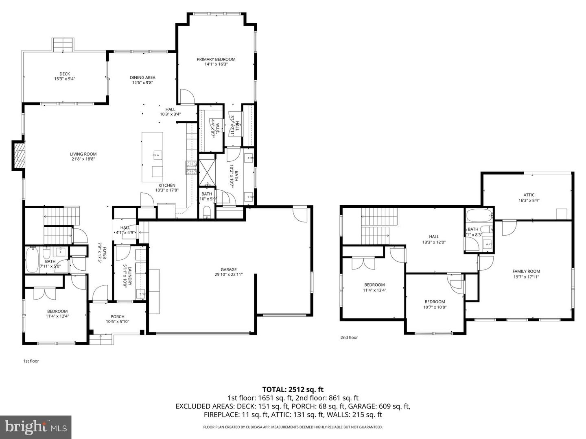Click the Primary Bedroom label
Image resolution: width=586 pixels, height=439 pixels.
(x=216, y=59)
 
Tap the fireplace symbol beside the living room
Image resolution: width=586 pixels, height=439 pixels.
(x=19, y=155)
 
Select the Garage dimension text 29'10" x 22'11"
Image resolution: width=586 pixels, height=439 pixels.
(x=229, y=274)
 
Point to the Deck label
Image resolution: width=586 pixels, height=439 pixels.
(x=65, y=74)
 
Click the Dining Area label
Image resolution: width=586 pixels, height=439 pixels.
(x=142, y=78)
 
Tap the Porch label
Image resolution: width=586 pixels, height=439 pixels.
(x=118, y=317)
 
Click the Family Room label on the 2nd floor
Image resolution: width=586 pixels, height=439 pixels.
(x=526, y=271)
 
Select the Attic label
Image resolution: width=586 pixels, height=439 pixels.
(x=529, y=195)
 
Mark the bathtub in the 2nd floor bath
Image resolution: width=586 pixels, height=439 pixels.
(x=479, y=215)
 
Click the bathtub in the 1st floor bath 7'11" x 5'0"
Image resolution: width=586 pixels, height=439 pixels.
(x=31, y=261)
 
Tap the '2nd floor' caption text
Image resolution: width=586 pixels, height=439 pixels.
(x=349, y=337)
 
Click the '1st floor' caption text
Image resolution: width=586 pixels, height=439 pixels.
(x=31, y=361)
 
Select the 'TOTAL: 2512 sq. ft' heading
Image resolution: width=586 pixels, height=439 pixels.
(x=293, y=390)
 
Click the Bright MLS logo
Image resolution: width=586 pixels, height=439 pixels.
(x=36, y=427)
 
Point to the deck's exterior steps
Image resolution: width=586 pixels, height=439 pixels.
(x=63, y=44)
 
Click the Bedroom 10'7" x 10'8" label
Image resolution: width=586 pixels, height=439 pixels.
(x=435, y=302)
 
